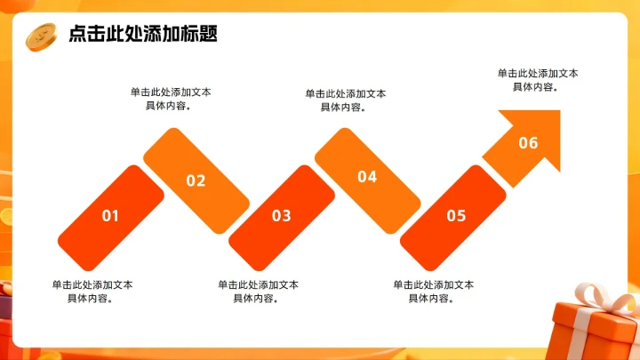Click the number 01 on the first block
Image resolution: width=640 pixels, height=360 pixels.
pyautogui.click(x=110, y=215)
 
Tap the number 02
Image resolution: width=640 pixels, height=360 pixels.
pyautogui.click(x=196, y=181)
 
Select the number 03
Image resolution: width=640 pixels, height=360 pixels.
pyautogui.click(x=281, y=215)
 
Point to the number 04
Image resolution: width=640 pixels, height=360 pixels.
pyautogui.click(x=367, y=177)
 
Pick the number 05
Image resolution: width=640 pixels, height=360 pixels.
pyautogui.click(x=456, y=215)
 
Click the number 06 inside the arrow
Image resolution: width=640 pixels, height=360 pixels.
pyautogui.click(x=528, y=143)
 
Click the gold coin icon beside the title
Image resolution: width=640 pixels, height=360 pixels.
pyautogui.click(x=41, y=36)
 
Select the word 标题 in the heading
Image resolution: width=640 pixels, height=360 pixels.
pyautogui.click(x=201, y=35)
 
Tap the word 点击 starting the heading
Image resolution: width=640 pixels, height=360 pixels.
pyautogui.click(x=84, y=35)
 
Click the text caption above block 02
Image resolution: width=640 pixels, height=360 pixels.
pyautogui.click(x=171, y=98)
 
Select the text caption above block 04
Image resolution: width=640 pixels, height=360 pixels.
pyautogui.click(x=346, y=100)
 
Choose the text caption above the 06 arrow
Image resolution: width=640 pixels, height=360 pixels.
pyautogui.click(x=538, y=79)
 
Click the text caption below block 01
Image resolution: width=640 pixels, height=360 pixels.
pyautogui.click(x=92, y=292)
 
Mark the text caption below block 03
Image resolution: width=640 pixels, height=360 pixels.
pyautogui.click(x=259, y=292)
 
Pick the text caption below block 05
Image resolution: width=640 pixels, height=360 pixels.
pyautogui.click(x=434, y=292)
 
